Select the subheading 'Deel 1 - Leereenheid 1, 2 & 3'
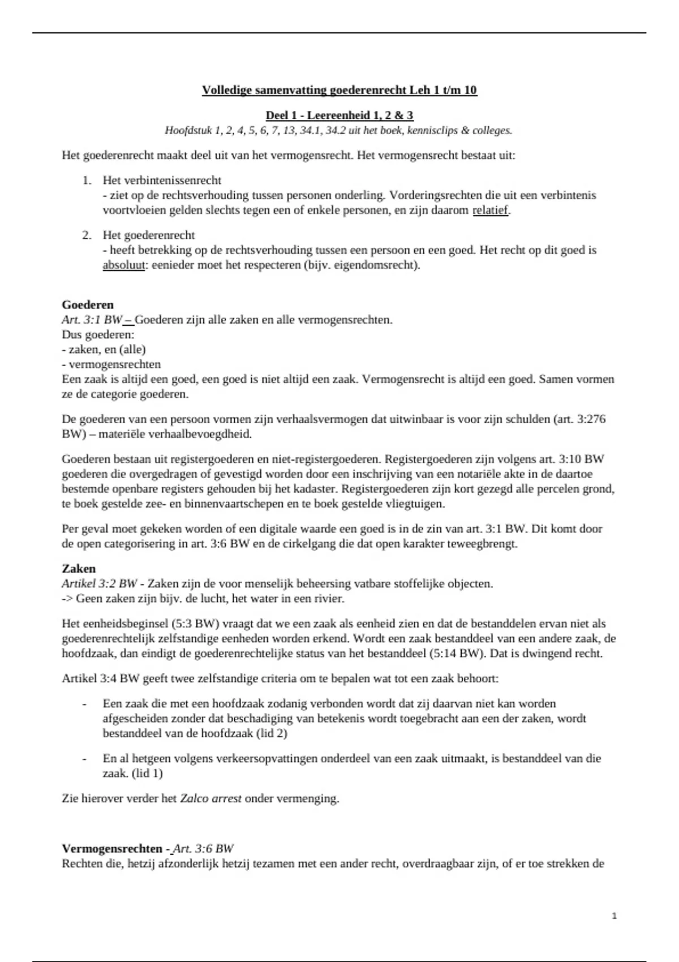coord(339,115)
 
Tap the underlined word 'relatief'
coord(490,211)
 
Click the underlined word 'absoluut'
coord(123,265)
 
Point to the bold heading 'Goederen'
coord(88,305)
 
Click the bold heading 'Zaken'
coord(79,569)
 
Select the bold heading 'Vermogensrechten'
coord(112,849)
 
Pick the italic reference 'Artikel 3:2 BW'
coord(100,583)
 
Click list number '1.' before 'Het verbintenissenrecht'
coord(87,181)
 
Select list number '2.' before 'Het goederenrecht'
coord(87,235)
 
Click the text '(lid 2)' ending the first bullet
coord(271,733)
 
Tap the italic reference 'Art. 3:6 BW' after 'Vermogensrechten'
coord(204,849)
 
